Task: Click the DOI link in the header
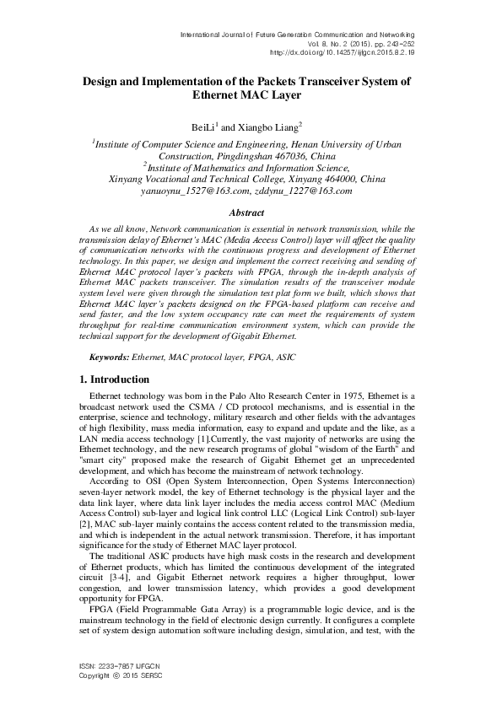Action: point(342,51)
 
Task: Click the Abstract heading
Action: point(251,214)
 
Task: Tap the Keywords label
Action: point(111,357)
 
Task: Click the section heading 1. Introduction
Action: point(115,379)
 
